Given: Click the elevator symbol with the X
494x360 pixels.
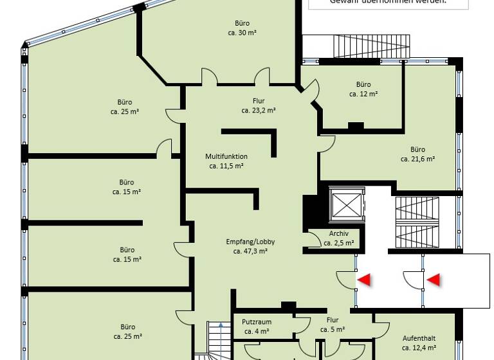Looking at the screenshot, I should coord(346,205).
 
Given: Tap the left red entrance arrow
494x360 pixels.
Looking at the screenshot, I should coord(365,280).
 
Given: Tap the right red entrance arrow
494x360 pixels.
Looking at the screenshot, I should coord(434,280).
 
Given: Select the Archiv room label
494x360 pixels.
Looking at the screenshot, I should coord(338,233).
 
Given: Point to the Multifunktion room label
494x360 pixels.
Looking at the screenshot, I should coord(226,156).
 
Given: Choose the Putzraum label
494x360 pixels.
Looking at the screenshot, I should coord(256,322).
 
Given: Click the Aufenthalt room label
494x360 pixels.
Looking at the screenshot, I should coord(419,338).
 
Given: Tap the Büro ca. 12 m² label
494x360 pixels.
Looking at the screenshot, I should coord(363,84).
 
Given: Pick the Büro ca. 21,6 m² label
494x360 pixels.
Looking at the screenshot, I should coord(417,150).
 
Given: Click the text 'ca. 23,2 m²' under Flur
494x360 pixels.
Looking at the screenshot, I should coord(259,110).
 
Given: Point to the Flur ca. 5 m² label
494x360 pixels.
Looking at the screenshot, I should coord(332,320).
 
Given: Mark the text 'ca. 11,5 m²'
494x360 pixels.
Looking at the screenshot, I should coord(226,166).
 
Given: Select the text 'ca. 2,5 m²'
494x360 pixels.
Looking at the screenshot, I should coord(338,243).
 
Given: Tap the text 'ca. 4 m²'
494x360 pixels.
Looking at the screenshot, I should coord(256,332).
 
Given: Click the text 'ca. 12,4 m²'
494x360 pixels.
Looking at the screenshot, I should coord(419,348).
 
